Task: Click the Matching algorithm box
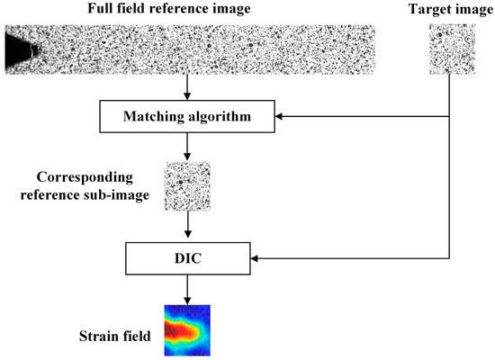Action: coord(187,116)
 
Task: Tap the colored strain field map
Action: coord(187,328)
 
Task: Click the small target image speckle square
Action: coord(450,49)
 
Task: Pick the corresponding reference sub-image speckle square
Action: coord(187,186)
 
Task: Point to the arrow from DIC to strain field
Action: coord(187,289)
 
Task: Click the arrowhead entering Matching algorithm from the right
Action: coord(283,116)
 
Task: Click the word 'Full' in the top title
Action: coord(99,10)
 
